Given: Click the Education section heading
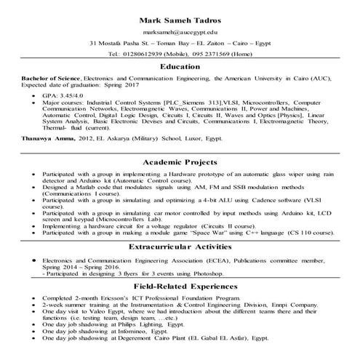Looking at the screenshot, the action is click(180, 66).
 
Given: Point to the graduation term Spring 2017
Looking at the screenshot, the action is click(150, 85).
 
